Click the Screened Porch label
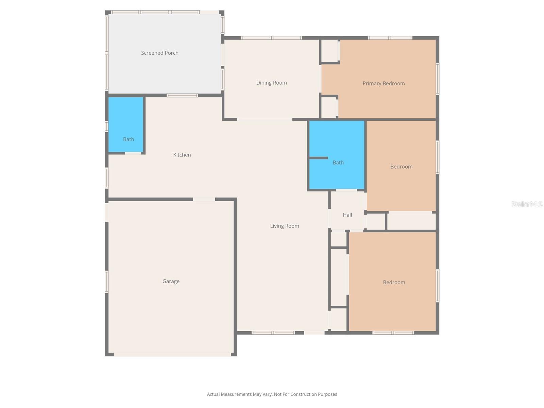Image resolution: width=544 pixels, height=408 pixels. point(159,53)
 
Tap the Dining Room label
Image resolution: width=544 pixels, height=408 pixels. point(271,83)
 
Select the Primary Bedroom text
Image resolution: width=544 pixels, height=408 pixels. point(384,83)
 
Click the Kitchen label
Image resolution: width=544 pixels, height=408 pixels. point(182,155)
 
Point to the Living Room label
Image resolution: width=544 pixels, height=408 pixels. point(285,226)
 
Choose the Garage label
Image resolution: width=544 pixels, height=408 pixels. point(171,281)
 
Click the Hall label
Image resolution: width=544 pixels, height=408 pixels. point(347,215)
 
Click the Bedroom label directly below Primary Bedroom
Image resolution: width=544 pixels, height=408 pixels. point(401,167)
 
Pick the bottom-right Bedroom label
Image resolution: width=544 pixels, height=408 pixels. point(394,282)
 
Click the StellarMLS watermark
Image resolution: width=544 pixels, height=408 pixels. point(527,204)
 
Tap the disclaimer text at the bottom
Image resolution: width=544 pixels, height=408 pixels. point(272,394)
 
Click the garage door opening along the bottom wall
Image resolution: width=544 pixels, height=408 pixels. point(172,355)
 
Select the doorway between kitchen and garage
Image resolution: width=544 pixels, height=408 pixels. point(204,199)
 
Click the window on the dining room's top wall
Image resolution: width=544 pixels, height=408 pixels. point(271,38)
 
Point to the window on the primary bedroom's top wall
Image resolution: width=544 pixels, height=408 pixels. point(390,38)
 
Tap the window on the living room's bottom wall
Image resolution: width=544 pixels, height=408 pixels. point(273,333)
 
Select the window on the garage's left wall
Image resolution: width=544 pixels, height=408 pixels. point(106,282)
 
